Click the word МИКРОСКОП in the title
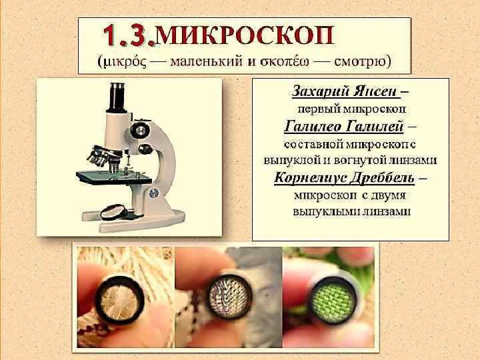pyautogui.click(x=245, y=36)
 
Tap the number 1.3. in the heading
pyautogui.click(x=129, y=36)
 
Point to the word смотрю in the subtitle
pyautogui.click(x=360, y=61)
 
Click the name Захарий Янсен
pyautogui.click(x=346, y=91)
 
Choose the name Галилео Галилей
pyautogui.click(x=343, y=127)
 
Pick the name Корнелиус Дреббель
pyautogui.click(x=345, y=178)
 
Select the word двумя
pyautogui.click(x=388, y=195)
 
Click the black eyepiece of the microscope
pyautogui.click(x=117, y=97)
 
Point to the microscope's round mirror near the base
pyautogui.click(x=114, y=212)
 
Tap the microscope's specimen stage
pyautogui.click(x=114, y=177)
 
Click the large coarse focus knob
pyautogui.click(x=140, y=131)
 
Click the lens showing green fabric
pyautogui.click(x=333, y=301)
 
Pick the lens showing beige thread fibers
pyautogui.click(x=120, y=300)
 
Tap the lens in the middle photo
pyautogui.click(x=229, y=297)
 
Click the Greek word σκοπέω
pyautogui.click(x=284, y=62)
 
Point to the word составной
pyautogui.click(x=311, y=144)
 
